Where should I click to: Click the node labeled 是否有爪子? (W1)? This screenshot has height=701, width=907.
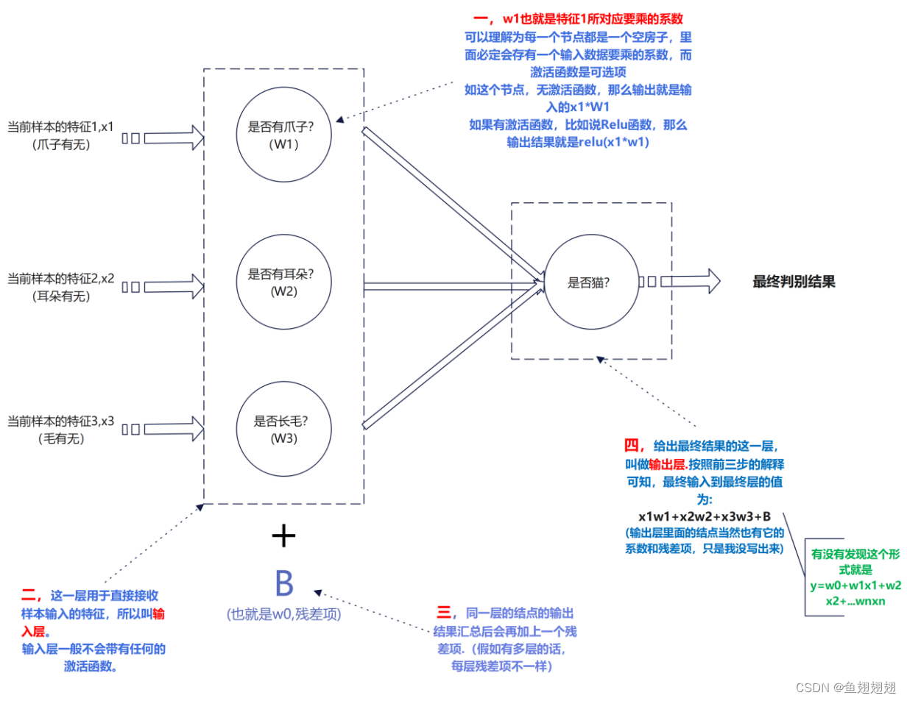point(283,135)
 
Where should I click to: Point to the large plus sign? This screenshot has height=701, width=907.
point(283,536)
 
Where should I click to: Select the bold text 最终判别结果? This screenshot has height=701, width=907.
point(794,282)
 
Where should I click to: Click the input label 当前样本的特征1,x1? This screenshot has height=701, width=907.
point(60,127)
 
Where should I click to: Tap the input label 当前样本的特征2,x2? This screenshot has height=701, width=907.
point(60,279)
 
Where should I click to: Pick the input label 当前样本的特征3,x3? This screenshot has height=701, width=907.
point(60,421)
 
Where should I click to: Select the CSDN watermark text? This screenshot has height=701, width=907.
point(846,687)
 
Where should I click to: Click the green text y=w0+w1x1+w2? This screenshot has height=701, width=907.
point(855,586)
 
